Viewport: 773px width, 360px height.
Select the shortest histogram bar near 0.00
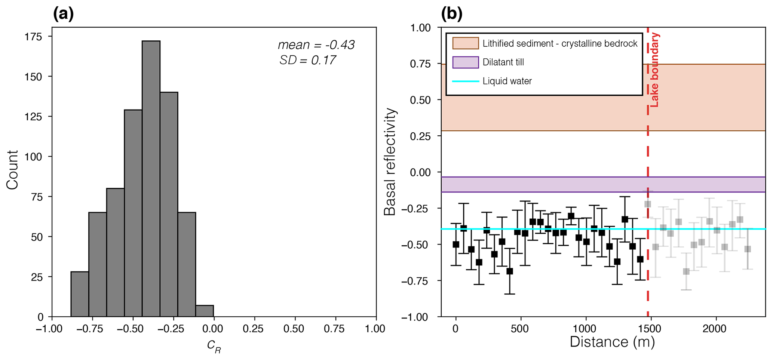pos(205,311)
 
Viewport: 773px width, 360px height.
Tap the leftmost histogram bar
pos(80,294)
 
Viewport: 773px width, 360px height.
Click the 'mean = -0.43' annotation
pos(316,45)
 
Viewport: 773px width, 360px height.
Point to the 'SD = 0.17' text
pos(307,60)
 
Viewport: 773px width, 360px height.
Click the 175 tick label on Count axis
pos(34,37)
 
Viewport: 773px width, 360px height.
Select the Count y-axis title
pos(12,170)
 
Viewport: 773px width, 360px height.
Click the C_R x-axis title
pos(214,346)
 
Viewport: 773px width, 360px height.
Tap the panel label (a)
pos(64,14)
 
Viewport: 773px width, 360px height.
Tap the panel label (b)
pos(452,14)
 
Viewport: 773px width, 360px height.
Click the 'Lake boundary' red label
pos(654,70)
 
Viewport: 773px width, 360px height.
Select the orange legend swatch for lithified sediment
pos(466,43)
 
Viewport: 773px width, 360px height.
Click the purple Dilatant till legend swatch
pos(466,62)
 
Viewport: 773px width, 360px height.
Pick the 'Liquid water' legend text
pos(507,81)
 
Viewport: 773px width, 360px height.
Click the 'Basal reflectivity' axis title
pos(390,162)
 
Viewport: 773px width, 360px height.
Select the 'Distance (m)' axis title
pos(612,342)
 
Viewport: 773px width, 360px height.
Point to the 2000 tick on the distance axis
pos(715,329)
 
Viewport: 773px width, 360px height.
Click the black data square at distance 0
pos(456,244)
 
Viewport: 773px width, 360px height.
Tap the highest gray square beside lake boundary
pos(648,204)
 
